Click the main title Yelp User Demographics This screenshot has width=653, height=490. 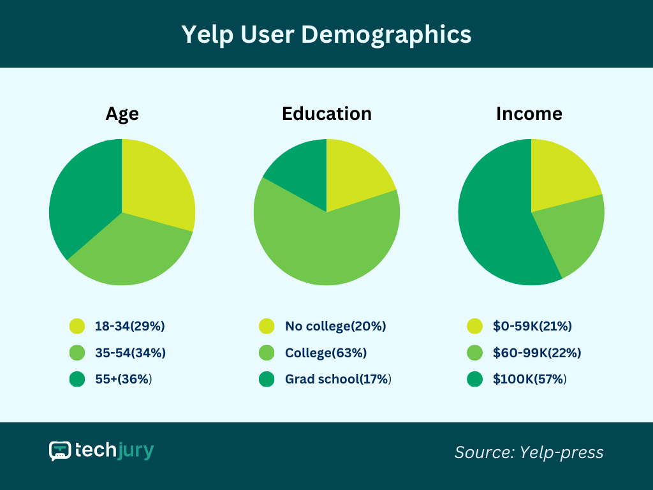point(326,34)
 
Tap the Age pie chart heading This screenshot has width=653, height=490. point(122,114)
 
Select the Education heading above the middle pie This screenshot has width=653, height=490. point(326,114)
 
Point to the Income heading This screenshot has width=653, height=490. point(529,114)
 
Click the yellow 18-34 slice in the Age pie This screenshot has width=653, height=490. point(156,182)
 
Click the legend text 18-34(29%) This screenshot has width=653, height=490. point(130,326)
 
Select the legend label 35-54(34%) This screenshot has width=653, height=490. point(130,353)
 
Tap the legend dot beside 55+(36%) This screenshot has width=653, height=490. point(77,379)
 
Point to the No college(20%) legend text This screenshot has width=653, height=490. point(335,326)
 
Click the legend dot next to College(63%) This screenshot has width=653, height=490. point(267,353)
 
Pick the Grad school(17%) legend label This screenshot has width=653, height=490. point(338,379)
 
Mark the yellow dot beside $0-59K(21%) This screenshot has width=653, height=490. point(474,326)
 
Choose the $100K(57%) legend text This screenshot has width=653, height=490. point(530,379)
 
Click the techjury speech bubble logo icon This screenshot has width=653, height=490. point(60,451)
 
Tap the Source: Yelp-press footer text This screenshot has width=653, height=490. point(529,452)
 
